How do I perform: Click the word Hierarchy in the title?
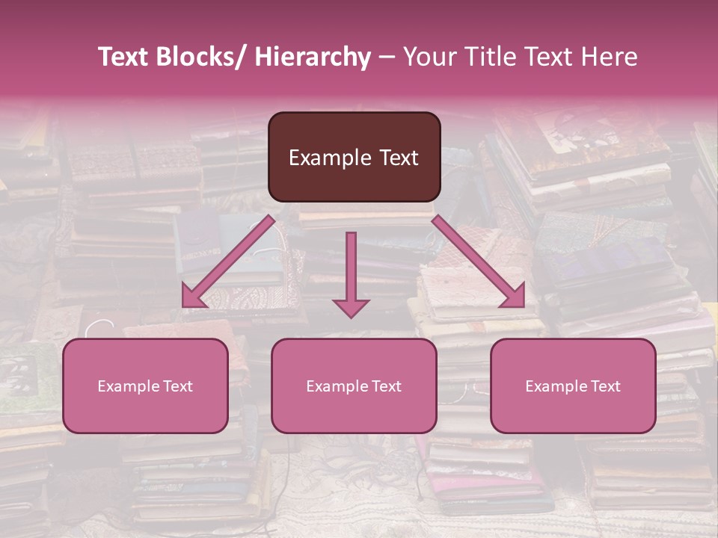(x=313, y=57)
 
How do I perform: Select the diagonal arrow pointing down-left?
(x=228, y=262)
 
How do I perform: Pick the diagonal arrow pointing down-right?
(x=479, y=262)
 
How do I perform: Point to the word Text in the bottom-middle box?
(x=384, y=386)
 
